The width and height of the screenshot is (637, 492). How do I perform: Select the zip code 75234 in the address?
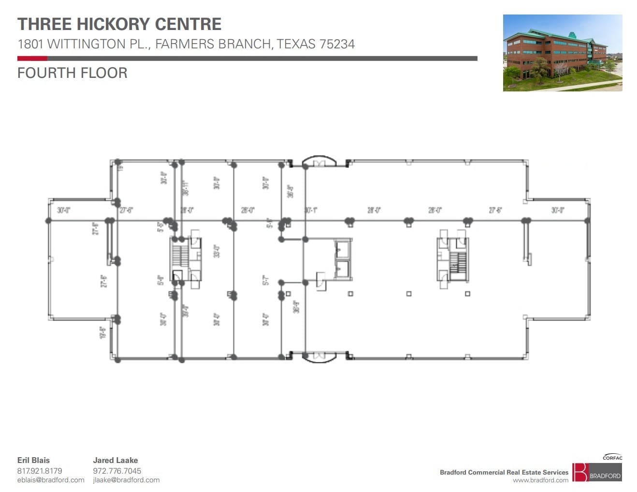(x=337, y=44)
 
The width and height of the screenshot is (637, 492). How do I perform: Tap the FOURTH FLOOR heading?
(x=72, y=73)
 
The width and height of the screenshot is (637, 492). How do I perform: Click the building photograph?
(x=562, y=53)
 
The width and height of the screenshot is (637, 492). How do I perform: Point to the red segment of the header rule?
(x=32, y=59)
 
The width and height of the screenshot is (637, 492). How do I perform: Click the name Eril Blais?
(x=33, y=460)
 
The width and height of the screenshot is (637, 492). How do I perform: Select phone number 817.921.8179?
(x=40, y=471)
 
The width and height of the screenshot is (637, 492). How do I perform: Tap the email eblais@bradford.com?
(x=51, y=480)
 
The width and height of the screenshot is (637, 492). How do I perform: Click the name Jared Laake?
(x=115, y=460)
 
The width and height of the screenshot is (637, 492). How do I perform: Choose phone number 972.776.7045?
(x=117, y=471)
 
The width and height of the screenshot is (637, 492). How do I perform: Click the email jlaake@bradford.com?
(x=126, y=480)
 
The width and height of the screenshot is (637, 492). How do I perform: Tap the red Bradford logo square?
(x=579, y=472)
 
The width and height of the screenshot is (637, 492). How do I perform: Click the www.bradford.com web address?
(x=540, y=480)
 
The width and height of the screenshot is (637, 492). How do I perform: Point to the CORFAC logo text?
(x=612, y=457)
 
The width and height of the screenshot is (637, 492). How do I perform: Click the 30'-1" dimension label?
(x=311, y=210)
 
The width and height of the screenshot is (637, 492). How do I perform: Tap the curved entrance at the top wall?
(x=319, y=161)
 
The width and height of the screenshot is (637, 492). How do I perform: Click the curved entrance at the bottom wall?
(x=319, y=357)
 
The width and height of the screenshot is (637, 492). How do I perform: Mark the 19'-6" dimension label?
(x=102, y=332)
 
